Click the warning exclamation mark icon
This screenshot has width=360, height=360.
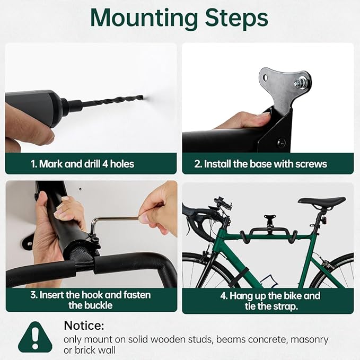click(x=35, y=338)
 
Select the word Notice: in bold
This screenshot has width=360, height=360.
click(x=84, y=325)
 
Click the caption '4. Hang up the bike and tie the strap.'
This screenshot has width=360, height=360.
click(x=267, y=300)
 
